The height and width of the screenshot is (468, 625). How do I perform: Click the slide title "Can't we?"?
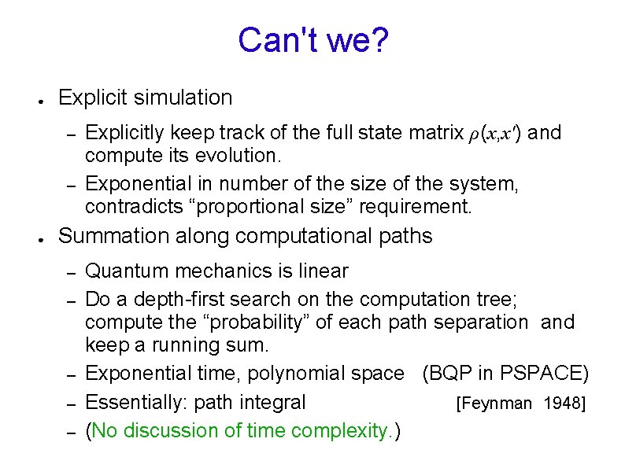(x=312, y=41)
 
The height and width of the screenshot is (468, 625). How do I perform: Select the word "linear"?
(x=323, y=271)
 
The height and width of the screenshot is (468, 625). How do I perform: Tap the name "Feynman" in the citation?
(x=495, y=404)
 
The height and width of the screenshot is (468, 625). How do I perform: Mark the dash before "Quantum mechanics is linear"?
(x=70, y=273)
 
